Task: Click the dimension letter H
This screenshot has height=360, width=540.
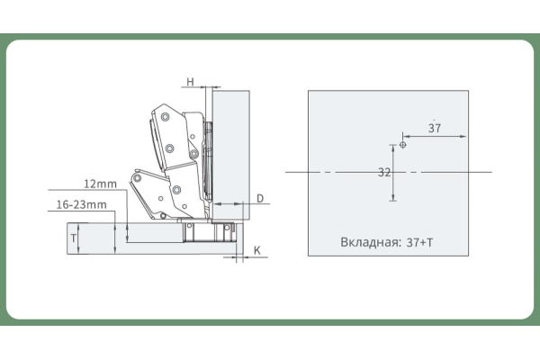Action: click(191, 82)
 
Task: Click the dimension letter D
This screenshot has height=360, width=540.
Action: click(259, 197)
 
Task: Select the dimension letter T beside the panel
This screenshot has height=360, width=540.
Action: click(73, 238)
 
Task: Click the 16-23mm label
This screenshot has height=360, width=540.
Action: click(81, 205)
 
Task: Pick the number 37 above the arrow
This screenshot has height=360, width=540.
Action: click(435, 129)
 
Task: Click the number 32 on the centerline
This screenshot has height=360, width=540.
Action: click(384, 171)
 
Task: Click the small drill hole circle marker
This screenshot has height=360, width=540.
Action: click(402, 144)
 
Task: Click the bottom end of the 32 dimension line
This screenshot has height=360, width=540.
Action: click(393, 202)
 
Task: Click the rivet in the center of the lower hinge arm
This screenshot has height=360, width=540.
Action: click(176, 190)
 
